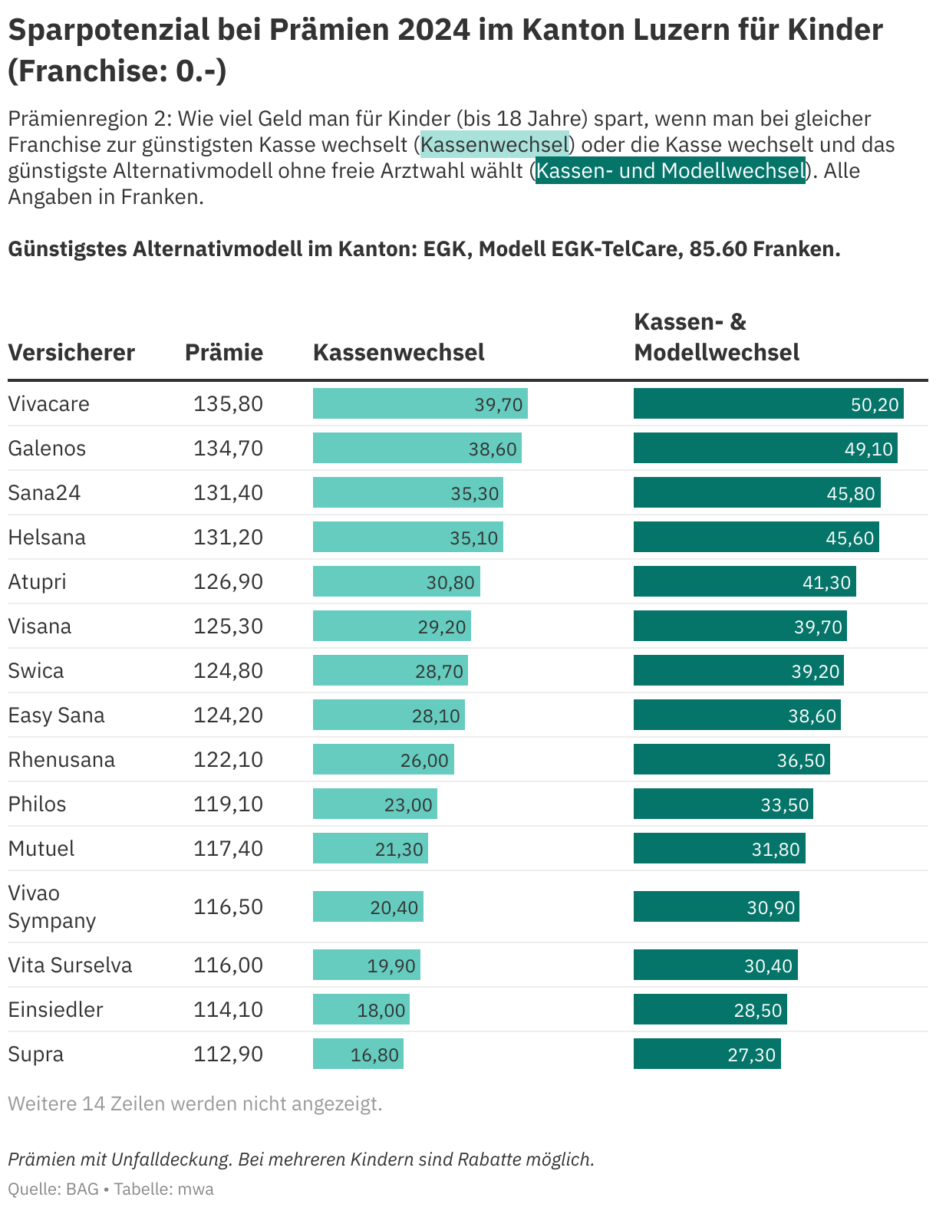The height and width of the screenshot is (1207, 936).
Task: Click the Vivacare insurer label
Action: pos(48,403)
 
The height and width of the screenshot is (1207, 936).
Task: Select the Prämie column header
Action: pos(224,352)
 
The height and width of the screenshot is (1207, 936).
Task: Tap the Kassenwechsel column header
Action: pos(399,352)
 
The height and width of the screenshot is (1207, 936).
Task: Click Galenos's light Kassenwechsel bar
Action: pos(417,448)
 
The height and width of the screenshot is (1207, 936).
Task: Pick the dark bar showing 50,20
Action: pos(768,403)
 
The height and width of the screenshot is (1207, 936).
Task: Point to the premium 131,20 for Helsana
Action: pos(228,537)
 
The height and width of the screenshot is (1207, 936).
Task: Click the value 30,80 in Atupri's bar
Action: pos(450,582)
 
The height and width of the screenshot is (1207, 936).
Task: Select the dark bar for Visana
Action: pos(740,626)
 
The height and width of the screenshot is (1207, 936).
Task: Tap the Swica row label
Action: pos(36,670)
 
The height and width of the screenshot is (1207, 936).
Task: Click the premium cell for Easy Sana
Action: pos(228,715)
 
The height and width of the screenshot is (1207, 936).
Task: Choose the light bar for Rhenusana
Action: pos(383,759)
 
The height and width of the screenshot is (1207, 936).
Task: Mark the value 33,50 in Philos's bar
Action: pos(784,804)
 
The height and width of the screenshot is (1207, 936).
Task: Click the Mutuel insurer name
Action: pos(41,848)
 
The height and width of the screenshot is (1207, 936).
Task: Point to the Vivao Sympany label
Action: pos(51,906)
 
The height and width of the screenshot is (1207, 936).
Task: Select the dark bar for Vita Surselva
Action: pos(715,965)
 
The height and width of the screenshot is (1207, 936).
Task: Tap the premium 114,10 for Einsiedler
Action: pos(228,1009)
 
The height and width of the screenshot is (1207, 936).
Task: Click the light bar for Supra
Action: pos(358,1054)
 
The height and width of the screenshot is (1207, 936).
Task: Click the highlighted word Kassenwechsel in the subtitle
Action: pos(495,144)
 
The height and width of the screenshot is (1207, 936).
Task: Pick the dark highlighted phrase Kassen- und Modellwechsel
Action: pos(670,170)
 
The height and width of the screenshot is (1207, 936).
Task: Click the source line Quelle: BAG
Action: pos(54,1189)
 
